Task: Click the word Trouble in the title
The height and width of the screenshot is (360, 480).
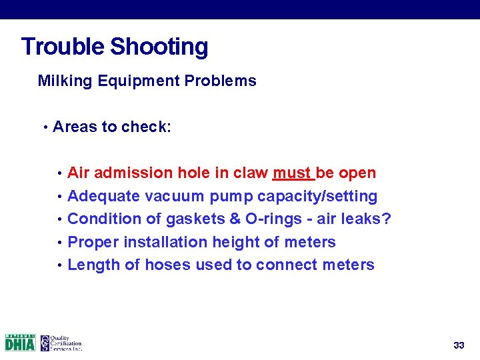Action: pyautogui.click(x=63, y=47)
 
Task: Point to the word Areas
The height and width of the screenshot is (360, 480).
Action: pyautogui.click(x=75, y=127)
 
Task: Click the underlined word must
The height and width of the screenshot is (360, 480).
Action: pyautogui.click(x=291, y=173)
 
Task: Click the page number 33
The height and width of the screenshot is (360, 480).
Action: pyautogui.click(x=459, y=345)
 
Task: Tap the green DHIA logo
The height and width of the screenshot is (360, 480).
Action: pyautogui.click(x=20, y=343)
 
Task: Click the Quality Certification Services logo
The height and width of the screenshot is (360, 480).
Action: pyautogui.click(x=61, y=343)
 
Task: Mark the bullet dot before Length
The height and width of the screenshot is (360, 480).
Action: pyautogui.click(x=59, y=265)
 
